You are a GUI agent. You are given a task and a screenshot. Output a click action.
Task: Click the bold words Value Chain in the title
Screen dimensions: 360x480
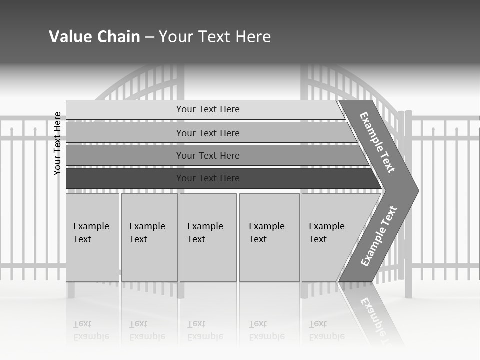(x=94, y=37)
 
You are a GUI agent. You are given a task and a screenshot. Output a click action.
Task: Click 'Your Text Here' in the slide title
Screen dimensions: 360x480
(x=215, y=37)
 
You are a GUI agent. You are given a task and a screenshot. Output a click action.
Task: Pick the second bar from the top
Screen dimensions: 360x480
(x=207, y=133)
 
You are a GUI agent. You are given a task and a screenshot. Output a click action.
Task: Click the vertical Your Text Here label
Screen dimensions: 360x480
(x=57, y=143)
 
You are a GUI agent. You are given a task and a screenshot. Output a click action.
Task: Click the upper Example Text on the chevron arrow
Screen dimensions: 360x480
(x=377, y=142)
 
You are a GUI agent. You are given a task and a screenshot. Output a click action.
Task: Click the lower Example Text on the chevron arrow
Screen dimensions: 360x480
(x=378, y=236)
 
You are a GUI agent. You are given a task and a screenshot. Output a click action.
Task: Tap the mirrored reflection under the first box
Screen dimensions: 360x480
(x=91, y=330)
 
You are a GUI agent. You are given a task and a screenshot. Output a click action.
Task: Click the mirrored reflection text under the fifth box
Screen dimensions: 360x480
(x=326, y=330)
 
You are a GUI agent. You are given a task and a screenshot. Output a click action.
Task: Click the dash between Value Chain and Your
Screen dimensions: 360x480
(x=149, y=37)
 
